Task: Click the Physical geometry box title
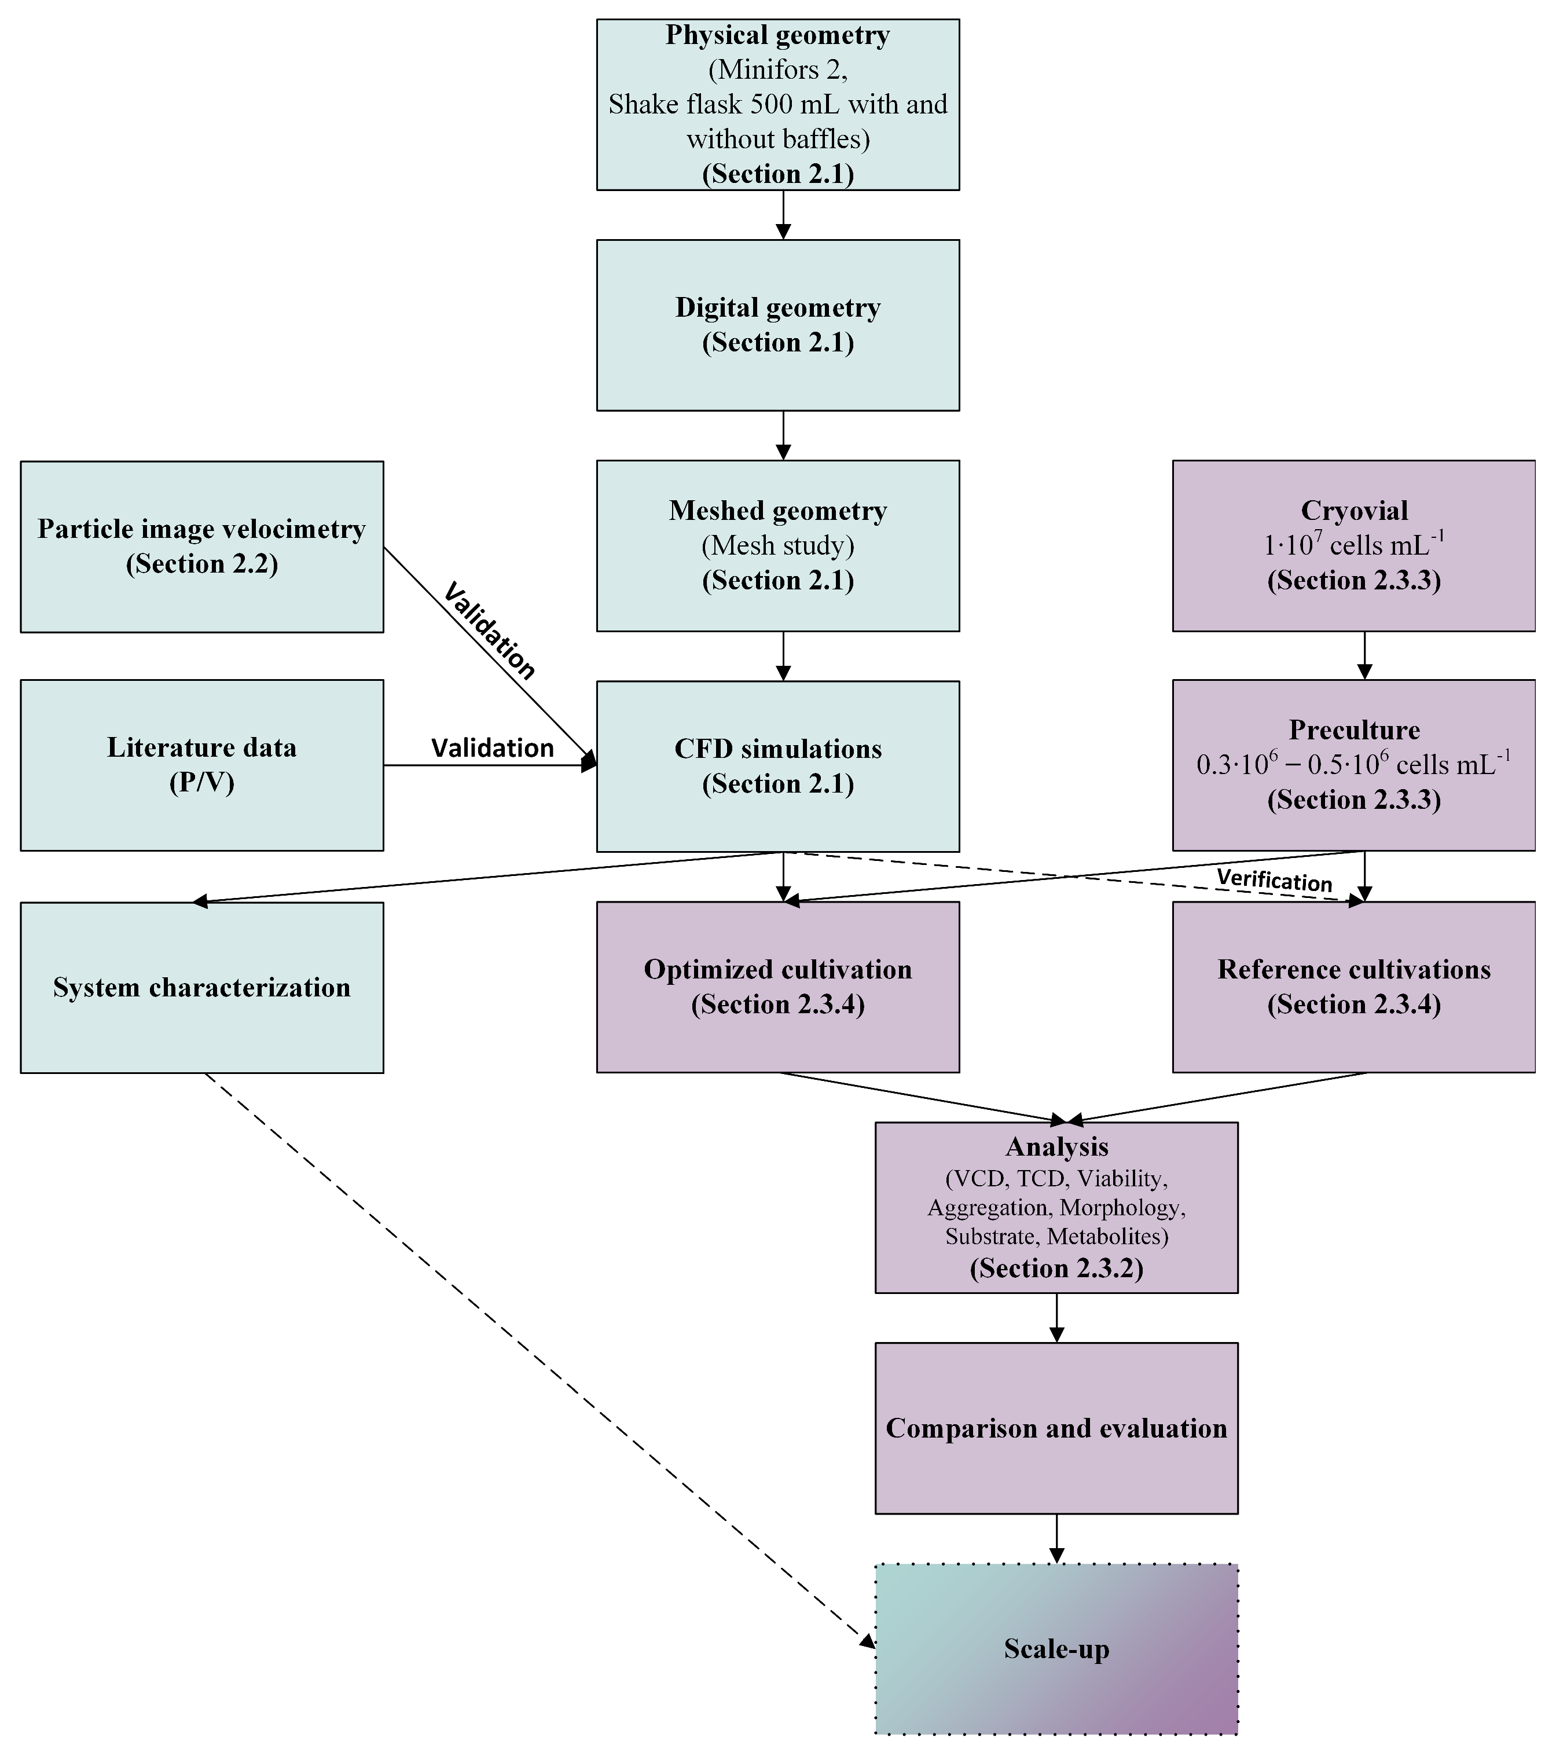pyautogui.click(x=777, y=35)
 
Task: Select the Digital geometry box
pyautogui.click(x=777, y=325)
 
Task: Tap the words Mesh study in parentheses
pyautogui.click(x=777, y=545)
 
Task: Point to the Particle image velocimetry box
pyautogui.click(x=202, y=547)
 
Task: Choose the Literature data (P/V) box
pyautogui.click(x=202, y=765)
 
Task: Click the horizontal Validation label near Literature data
pyautogui.click(x=492, y=748)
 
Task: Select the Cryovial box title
pyautogui.click(x=1354, y=510)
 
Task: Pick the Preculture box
pyautogui.click(x=1354, y=765)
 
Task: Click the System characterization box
pyautogui.click(x=202, y=987)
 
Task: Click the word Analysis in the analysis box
pyautogui.click(x=1057, y=1147)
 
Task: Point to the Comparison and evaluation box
pyautogui.click(x=1057, y=1428)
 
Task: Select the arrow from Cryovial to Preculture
pyautogui.click(x=1364, y=657)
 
